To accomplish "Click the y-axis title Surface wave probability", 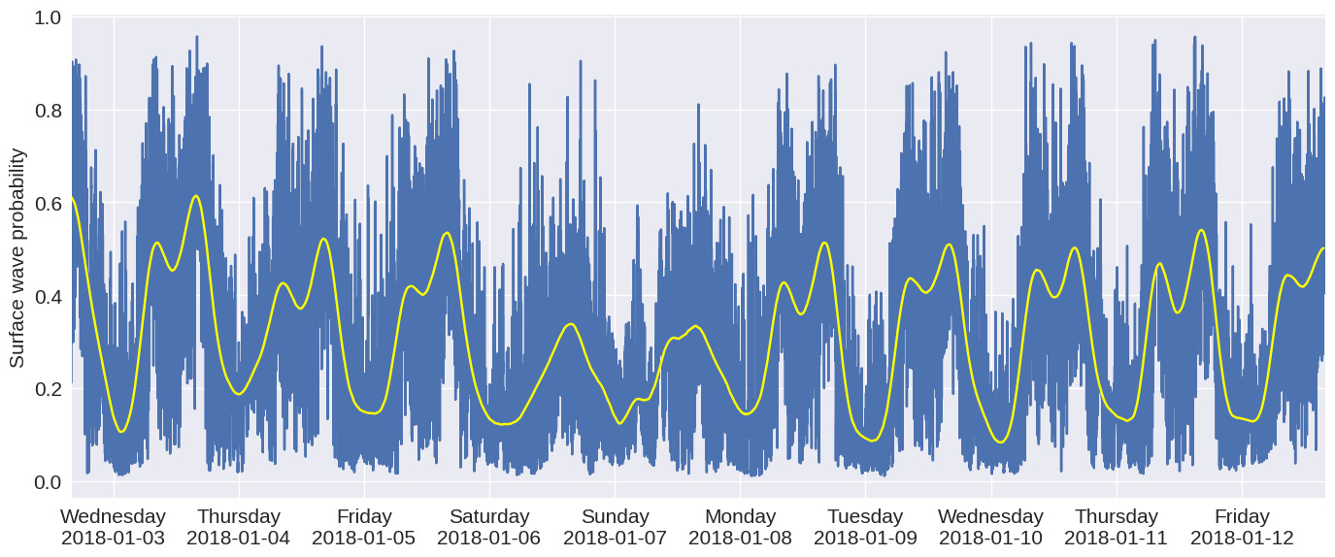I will (x=17, y=258).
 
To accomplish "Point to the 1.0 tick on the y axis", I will (x=48, y=18).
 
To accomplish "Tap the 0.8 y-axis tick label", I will (x=48, y=111).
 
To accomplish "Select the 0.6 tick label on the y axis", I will (x=48, y=204).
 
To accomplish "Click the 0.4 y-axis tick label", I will (x=48, y=296).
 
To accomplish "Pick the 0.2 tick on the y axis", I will (x=48, y=389).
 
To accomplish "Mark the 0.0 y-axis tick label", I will (x=48, y=482).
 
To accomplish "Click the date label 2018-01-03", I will (x=114, y=538).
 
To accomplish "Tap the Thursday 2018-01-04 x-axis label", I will (x=239, y=527).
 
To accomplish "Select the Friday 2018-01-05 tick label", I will (x=364, y=527).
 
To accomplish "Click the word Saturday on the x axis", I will (x=489, y=516).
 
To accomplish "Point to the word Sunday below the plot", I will (x=615, y=516).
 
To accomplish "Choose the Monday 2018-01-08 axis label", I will (x=740, y=527).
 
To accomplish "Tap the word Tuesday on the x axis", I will (x=865, y=516).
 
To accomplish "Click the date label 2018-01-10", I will (x=990, y=538).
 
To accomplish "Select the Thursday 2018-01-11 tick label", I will (x=1117, y=527).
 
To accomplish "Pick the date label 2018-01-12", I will (x=1242, y=538).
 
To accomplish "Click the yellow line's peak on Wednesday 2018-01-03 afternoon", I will (x=196, y=196).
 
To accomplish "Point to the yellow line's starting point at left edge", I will (x=73, y=198).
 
